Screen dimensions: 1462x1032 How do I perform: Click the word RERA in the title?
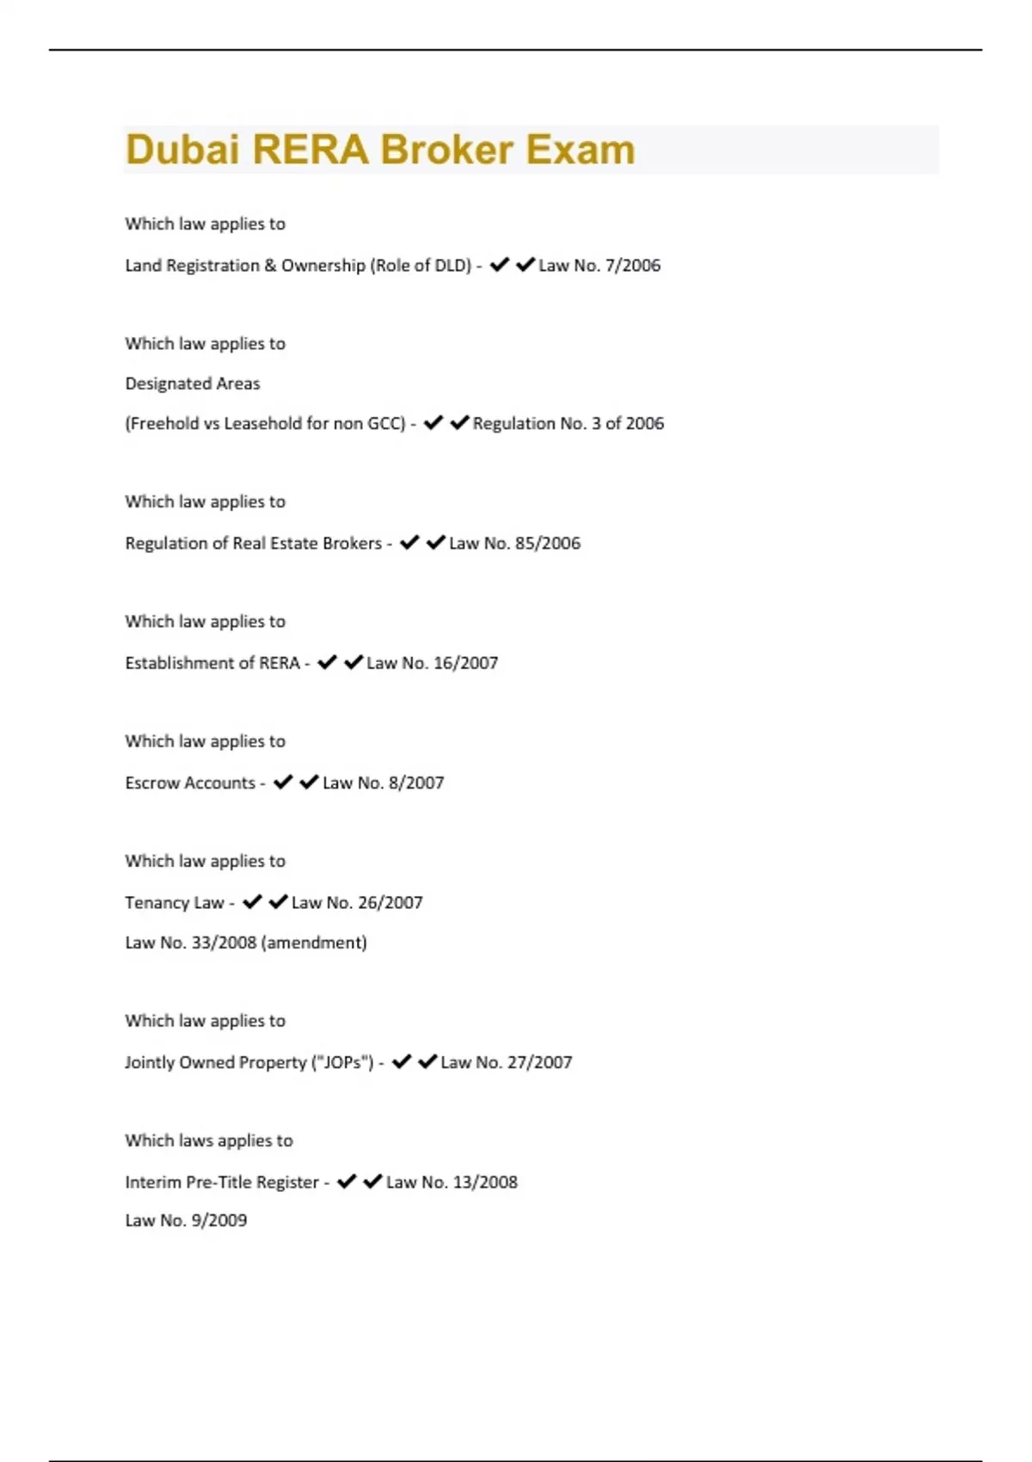pos(310,150)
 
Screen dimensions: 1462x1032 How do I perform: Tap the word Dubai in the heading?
pos(181,150)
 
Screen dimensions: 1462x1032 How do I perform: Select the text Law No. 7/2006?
pos(599,266)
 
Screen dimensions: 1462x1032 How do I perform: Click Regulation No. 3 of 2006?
pos(568,423)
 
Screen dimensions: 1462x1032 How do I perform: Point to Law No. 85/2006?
pos(514,544)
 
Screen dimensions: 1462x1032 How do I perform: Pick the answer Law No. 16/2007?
pos(432,663)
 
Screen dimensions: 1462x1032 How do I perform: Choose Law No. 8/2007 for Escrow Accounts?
pos(383,783)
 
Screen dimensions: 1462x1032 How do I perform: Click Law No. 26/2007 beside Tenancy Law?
pos(357,903)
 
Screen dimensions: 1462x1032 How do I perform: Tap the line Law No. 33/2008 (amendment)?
pos(246,943)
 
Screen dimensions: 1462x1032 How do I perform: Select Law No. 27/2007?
pos(506,1063)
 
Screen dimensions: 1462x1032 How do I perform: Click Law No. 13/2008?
pos(451,1182)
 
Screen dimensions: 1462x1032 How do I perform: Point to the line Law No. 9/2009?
pos(186,1220)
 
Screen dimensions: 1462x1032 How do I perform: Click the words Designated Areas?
pos(193,384)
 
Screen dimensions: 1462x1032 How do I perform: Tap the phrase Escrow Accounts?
pos(190,783)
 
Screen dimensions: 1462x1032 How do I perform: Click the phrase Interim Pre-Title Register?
pos(222,1182)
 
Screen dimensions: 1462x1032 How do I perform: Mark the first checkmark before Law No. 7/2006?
pos(499,265)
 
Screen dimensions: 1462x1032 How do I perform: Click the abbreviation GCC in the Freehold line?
pos(386,423)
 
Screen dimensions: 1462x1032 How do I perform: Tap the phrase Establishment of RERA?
pos(212,663)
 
